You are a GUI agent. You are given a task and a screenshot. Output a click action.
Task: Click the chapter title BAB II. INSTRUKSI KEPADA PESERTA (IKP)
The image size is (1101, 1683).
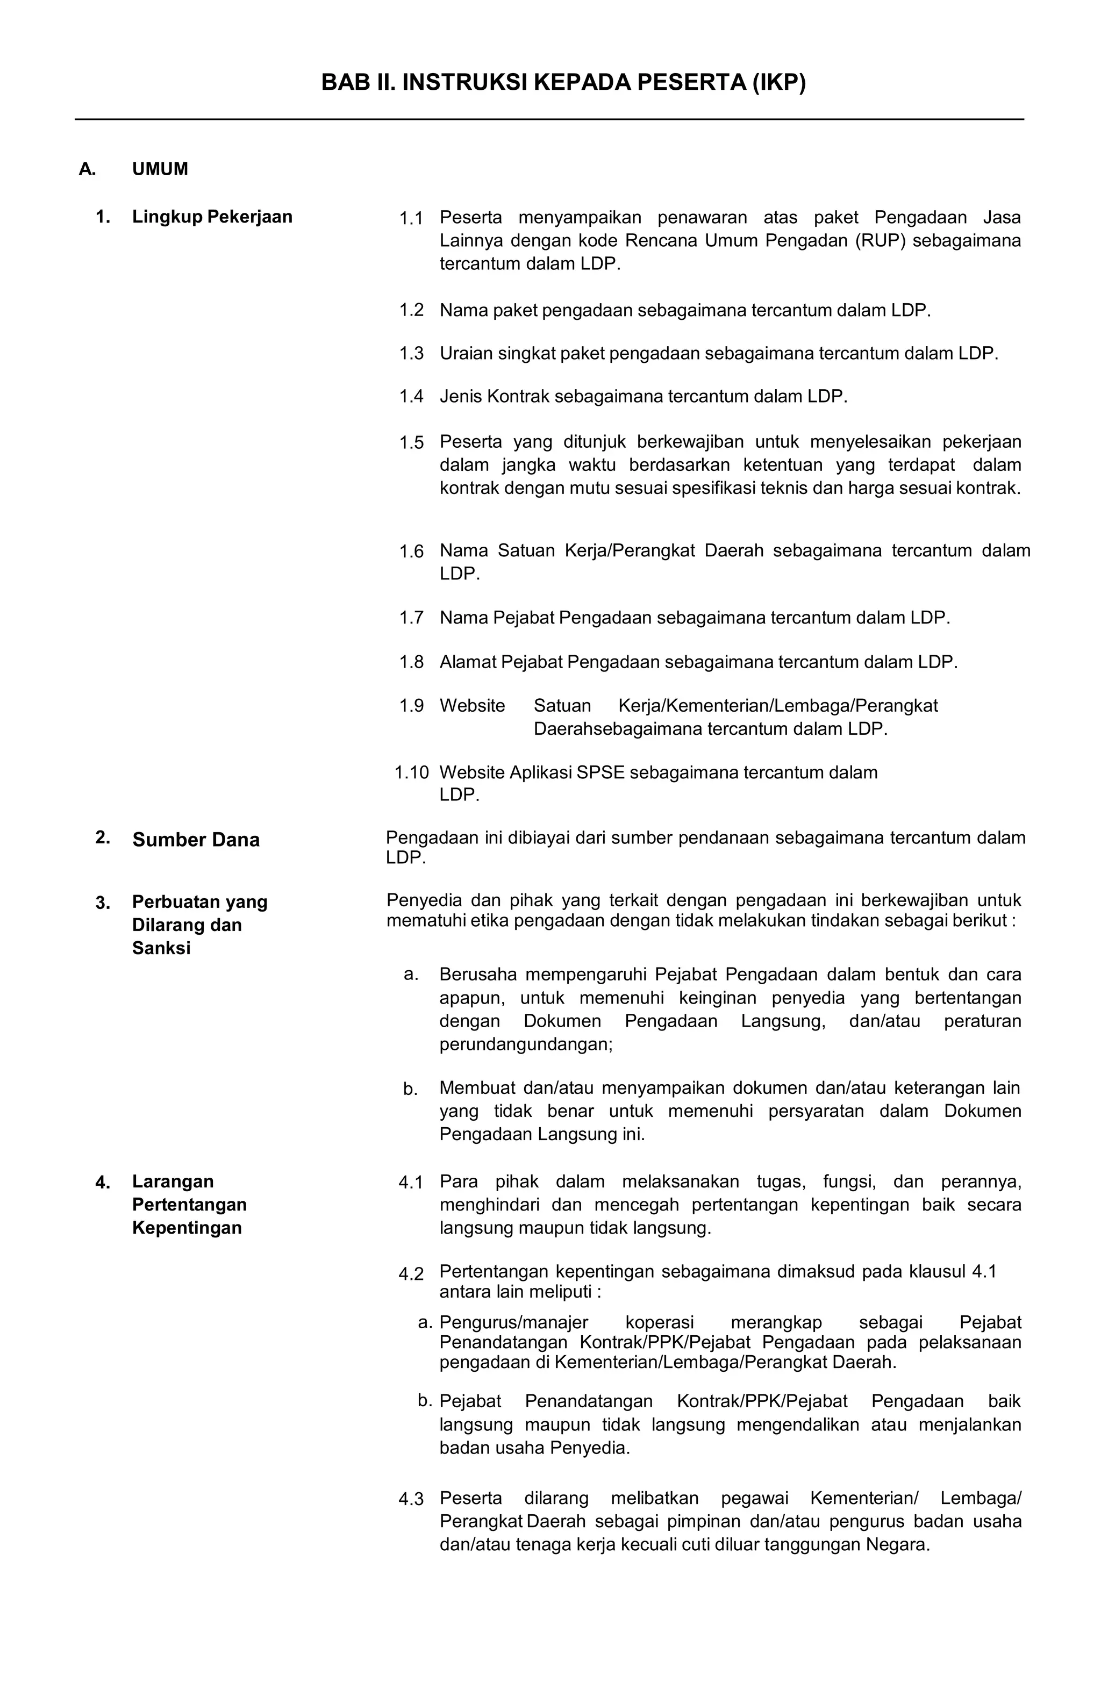563,83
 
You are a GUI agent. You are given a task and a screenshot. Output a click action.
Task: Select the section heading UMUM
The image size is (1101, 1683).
160,169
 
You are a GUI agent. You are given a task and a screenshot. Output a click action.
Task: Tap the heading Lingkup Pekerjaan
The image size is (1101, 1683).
212,217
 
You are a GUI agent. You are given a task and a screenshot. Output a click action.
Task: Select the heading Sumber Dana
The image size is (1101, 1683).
196,840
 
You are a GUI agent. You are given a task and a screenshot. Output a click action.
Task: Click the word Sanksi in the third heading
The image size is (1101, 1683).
161,948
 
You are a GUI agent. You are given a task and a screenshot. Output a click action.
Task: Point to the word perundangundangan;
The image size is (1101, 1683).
525,1044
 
